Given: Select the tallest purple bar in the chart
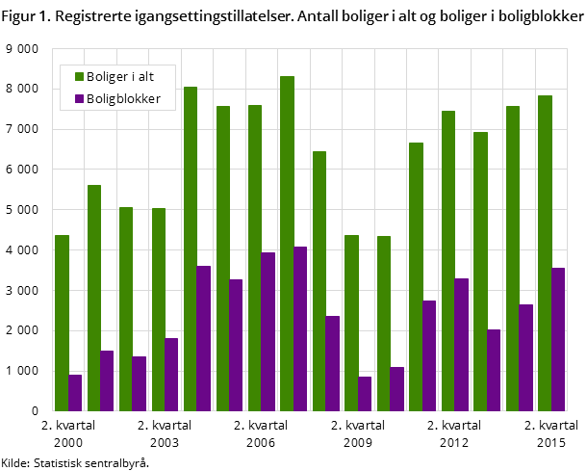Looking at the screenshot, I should pos(300,328).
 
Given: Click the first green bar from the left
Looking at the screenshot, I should pos(62,323).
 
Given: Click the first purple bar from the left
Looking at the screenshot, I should pos(75,392).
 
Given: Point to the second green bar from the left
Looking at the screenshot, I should pos(94,298).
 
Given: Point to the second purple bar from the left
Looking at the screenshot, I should pos(107,380).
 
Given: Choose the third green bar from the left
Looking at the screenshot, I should pos(126,308).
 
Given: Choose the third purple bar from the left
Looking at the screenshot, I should pos(140,383).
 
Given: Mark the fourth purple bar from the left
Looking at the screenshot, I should pos(171,374).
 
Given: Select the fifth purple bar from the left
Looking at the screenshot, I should pos(204,338).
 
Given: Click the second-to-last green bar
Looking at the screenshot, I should pos(513,258).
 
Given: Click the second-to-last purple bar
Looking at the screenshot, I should pos(526,357).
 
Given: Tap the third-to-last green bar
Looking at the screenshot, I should pos(480,271).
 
